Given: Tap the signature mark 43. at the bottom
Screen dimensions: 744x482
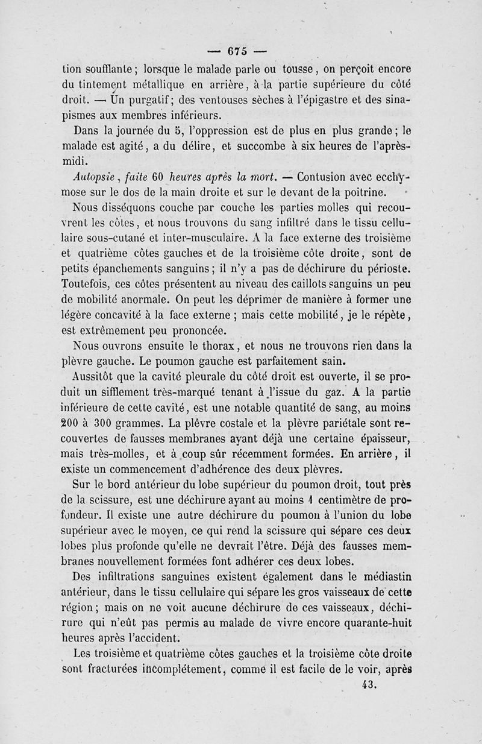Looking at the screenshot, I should [x=368, y=684].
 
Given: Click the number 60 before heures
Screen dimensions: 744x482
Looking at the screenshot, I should [x=158, y=177].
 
